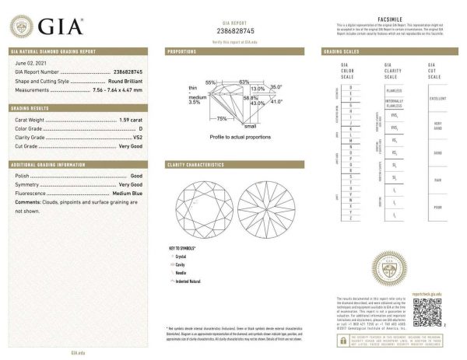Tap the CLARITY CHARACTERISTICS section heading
tap(197, 165)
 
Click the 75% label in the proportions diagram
tap(222, 118)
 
